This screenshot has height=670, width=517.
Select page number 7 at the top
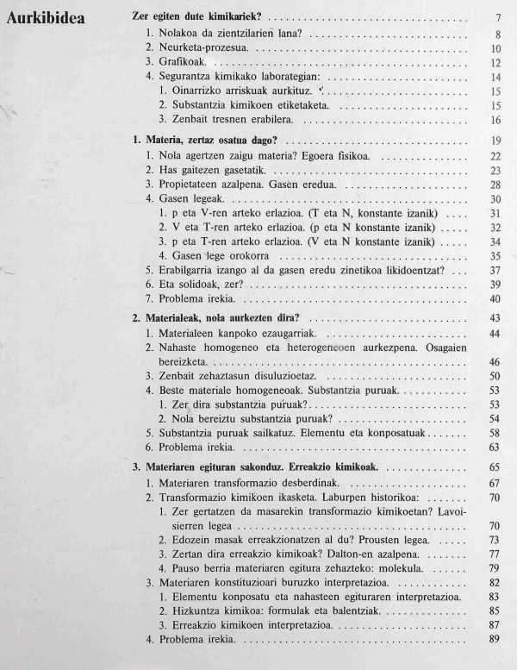point(498,18)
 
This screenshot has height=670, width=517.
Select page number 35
point(495,256)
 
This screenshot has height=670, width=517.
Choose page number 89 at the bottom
point(495,639)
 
